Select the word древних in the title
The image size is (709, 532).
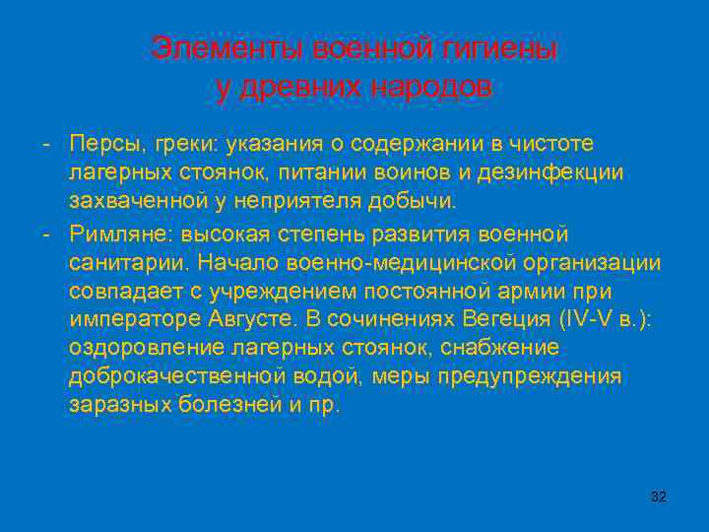click(x=300, y=87)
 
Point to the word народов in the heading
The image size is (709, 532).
click(x=430, y=87)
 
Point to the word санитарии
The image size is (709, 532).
click(x=128, y=263)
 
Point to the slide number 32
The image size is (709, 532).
click(x=659, y=497)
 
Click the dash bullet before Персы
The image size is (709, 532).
click(x=46, y=144)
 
